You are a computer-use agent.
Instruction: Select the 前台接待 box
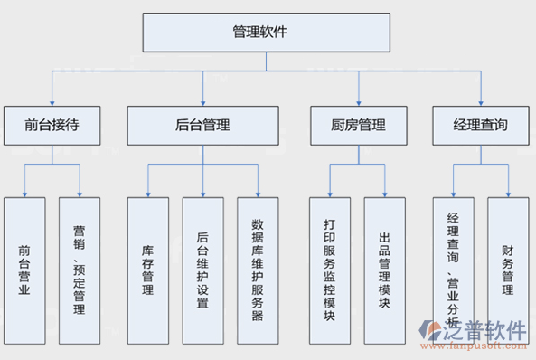click(52, 126)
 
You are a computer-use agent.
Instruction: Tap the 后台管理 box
click(202, 126)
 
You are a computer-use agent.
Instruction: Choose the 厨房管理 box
click(359, 126)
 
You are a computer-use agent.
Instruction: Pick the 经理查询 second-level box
click(479, 126)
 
